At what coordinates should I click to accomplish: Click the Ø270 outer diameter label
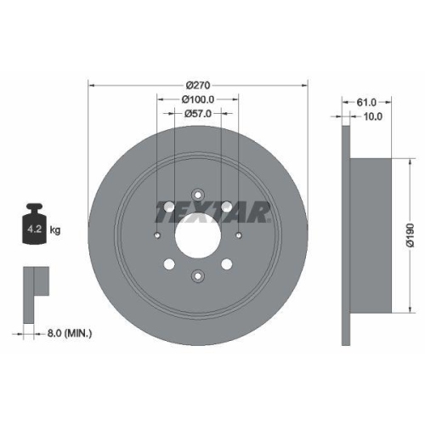(x=197, y=85)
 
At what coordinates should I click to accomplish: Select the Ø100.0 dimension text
(x=197, y=99)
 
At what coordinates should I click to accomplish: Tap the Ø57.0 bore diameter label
(x=197, y=114)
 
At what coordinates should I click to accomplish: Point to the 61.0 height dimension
(x=367, y=102)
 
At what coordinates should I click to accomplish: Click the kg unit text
(x=55, y=229)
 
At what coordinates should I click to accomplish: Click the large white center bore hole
(x=197, y=234)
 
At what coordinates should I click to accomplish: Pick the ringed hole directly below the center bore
(x=197, y=275)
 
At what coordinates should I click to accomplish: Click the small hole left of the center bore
(x=156, y=235)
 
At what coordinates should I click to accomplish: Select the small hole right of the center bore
(x=238, y=235)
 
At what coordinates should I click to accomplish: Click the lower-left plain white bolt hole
(x=169, y=263)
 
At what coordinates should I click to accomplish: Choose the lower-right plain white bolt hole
(x=226, y=263)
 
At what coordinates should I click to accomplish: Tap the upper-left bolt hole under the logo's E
(x=169, y=206)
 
